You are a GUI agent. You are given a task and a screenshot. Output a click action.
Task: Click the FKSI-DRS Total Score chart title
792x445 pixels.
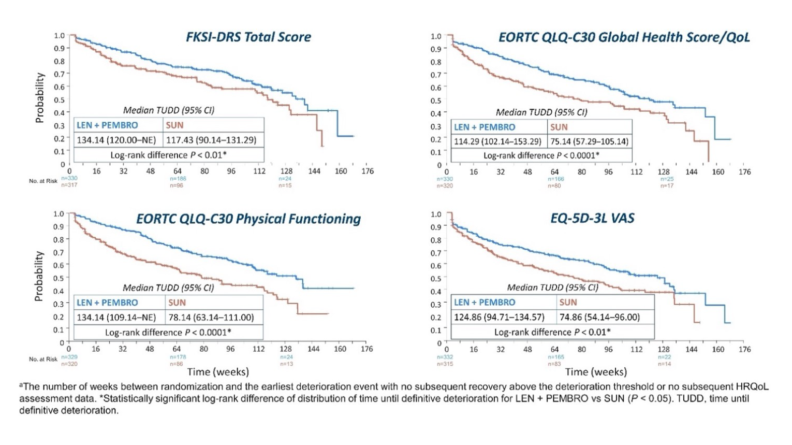pyautogui.click(x=248, y=37)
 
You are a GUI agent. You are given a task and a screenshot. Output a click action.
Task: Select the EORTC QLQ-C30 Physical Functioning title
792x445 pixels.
pyautogui.click(x=248, y=219)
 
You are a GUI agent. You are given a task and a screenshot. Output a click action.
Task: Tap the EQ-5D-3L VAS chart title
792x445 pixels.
pyautogui.click(x=592, y=218)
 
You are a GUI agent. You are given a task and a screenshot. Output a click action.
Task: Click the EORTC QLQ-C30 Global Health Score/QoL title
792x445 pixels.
pyautogui.click(x=624, y=38)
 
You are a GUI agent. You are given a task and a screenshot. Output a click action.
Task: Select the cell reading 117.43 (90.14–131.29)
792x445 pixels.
pyautogui.click(x=211, y=140)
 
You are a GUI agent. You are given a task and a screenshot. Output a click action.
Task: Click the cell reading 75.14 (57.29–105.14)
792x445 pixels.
pyautogui.click(x=589, y=141)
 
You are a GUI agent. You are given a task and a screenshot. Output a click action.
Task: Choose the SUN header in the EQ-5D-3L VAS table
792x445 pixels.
pyautogui.click(x=568, y=303)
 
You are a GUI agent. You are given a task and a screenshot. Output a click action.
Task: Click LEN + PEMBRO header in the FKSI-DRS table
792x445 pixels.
pyautogui.click(x=107, y=125)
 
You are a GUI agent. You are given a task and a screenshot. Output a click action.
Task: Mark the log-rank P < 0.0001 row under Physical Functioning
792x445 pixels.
pyautogui.click(x=168, y=333)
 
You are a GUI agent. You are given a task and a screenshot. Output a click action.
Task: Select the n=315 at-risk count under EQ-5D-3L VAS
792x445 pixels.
pyautogui.click(x=445, y=364)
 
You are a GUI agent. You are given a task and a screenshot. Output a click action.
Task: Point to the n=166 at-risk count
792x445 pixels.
pyautogui.click(x=556, y=179)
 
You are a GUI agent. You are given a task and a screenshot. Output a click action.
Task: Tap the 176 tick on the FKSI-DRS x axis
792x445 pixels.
pyautogui.click(x=367, y=171)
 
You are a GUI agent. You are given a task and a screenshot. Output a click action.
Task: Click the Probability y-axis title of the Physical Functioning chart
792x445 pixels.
pyautogui.click(x=38, y=276)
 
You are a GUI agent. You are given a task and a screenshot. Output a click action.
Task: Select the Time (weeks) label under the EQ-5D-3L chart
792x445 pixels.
pyautogui.click(x=596, y=372)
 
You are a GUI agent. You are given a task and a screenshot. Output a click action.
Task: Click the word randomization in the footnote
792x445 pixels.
pyautogui.click(x=187, y=387)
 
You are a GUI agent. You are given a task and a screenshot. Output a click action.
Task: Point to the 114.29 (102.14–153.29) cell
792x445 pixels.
pyautogui.click(x=497, y=141)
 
